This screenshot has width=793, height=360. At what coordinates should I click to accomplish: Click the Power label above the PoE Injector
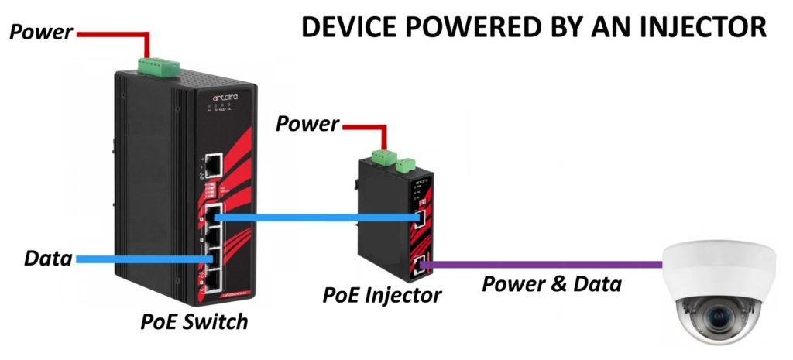[307, 123]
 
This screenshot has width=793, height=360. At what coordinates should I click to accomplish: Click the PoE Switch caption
[194, 321]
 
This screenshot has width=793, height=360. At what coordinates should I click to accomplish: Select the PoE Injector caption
[383, 294]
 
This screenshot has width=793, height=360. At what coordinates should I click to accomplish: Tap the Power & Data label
[551, 284]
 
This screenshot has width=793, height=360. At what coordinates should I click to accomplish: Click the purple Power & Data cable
[542, 266]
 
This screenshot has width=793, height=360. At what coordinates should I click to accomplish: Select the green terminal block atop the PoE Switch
[159, 67]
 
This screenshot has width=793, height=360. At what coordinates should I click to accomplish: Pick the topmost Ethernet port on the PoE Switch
[211, 164]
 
